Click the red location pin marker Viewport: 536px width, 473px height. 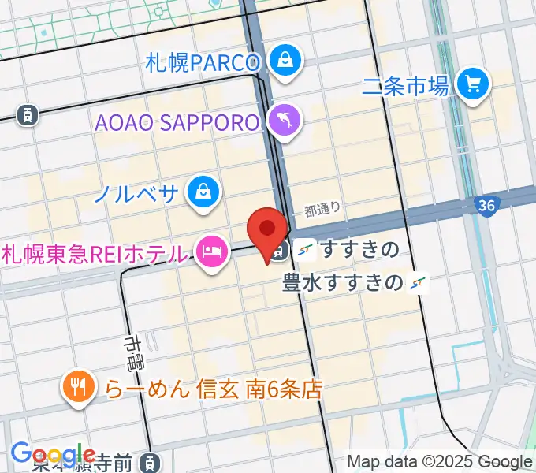click(x=267, y=231)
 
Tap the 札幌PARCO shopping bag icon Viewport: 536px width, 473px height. click(x=281, y=58)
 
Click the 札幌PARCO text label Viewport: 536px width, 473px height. click(x=203, y=62)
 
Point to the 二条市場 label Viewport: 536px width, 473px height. click(x=405, y=86)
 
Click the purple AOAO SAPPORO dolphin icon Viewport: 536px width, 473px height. click(x=281, y=120)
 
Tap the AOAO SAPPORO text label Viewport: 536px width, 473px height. click(x=177, y=123)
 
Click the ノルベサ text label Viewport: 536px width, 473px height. click(x=136, y=192)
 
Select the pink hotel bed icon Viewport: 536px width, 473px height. click(x=210, y=251)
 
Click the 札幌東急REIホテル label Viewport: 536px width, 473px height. click(x=95, y=254)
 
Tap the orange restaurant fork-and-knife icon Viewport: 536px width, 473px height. click(x=77, y=386)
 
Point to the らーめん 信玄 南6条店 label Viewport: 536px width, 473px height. click(x=214, y=389)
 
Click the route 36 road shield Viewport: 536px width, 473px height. click(x=486, y=206)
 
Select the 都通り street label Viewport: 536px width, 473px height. click(x=322, y=210)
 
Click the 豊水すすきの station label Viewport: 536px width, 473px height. click(x=343, y=281)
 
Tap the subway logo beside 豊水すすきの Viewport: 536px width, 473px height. click(x=419, y=282)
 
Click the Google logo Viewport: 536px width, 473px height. click(x=54, y=455)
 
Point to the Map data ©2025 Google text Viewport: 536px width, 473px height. click(x=440, y=462)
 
